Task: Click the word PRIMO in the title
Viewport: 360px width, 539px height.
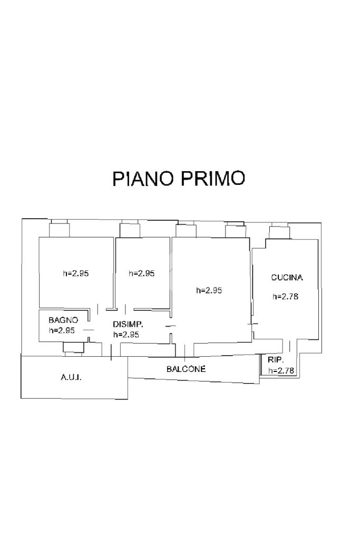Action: [x=213, y=179]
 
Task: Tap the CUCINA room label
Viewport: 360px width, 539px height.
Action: [x=287, y=277]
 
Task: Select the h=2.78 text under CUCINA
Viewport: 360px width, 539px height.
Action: [x=286, y=297]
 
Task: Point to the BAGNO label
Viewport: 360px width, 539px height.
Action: [x=63, y=320]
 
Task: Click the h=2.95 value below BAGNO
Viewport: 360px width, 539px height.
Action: [x=62, y=331]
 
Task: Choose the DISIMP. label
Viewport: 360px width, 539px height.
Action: [x=128, y=325]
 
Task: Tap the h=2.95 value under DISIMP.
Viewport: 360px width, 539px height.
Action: [x=126, y=335]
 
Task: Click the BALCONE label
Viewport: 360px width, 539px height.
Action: [x=186, y=369]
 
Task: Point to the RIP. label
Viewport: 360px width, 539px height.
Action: [x=276, y=360]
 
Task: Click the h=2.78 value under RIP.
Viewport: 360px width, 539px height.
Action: [x=281, y=371]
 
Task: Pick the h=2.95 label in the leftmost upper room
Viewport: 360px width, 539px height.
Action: [x=76, y=273]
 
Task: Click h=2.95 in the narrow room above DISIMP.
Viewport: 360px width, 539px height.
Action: [x=142, y=273]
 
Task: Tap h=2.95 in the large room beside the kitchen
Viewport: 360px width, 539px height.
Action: [x=209, y=290]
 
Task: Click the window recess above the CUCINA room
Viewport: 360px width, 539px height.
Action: [x=279, y=231]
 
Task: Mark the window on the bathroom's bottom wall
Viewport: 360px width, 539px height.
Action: [x=73, y=347]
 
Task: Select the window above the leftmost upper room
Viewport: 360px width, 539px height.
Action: [x=59, y=229]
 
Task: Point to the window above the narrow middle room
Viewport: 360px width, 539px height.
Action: [x=129, y=230]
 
